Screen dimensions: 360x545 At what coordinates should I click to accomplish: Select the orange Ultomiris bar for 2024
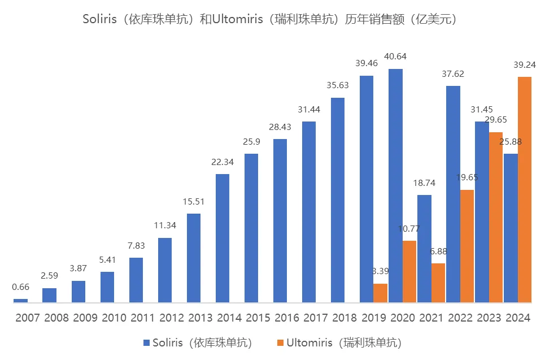click(525, 189)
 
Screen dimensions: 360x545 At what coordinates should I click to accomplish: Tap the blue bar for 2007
click(20, 300)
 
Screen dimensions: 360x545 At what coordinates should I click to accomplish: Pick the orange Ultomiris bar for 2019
click(381, 293)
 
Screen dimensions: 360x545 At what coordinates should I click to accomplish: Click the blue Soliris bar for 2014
click(223, 238)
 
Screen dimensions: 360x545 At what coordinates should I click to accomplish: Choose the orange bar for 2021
click(438, 283)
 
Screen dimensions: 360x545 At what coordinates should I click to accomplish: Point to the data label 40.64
click(395, 57)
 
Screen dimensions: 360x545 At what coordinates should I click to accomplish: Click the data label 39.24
click(525, 64)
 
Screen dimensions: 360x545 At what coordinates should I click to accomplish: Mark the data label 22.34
click(223, 162)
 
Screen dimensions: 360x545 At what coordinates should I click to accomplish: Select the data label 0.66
click(20, 287)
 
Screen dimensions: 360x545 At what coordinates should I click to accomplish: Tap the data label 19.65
click(467, 177)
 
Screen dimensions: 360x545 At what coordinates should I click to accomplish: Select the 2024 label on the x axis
click(517, 318)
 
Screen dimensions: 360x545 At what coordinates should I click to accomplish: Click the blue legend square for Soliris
click(147, 342)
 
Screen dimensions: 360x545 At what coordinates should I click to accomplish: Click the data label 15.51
click(194, 202)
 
